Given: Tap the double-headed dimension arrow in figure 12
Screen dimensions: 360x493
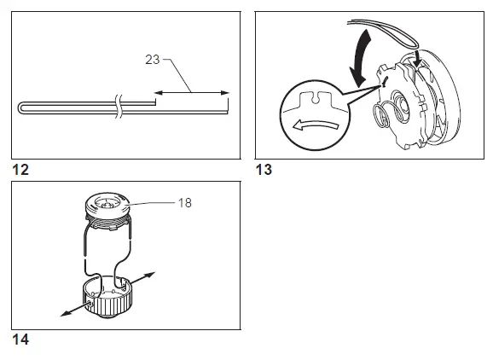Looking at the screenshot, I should coord(192,91).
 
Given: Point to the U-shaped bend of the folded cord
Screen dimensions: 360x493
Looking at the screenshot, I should coord(21,107).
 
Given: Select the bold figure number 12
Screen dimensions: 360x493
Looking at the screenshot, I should coord(20,170).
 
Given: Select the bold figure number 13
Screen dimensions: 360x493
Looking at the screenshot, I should coord(264,170).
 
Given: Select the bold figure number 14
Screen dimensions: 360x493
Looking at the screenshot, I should coord(20,339).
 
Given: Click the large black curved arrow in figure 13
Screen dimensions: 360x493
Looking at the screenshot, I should coord(359,51).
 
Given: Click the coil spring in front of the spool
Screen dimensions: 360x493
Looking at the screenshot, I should coord(393,111).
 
